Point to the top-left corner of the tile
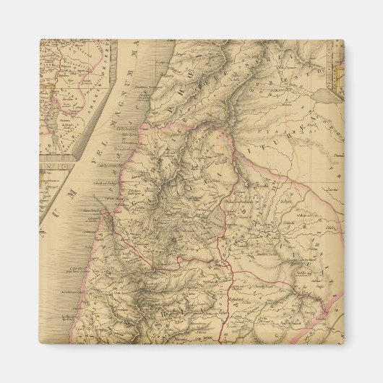click(40, 40)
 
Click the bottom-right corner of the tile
click(343, 343)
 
